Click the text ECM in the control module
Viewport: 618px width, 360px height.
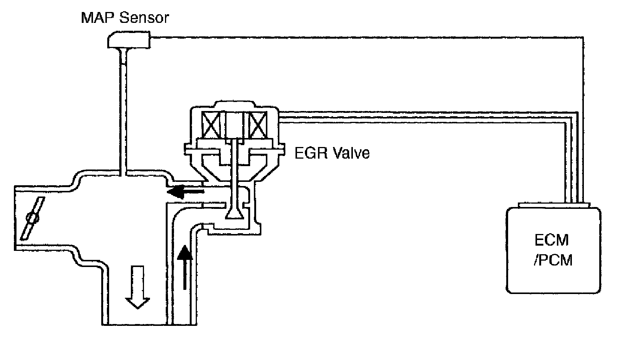(552, 240)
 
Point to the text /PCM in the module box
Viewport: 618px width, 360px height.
(553, 259)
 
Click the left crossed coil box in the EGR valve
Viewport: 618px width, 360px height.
(212, 126)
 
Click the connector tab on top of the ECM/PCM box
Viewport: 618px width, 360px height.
(553, 205)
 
